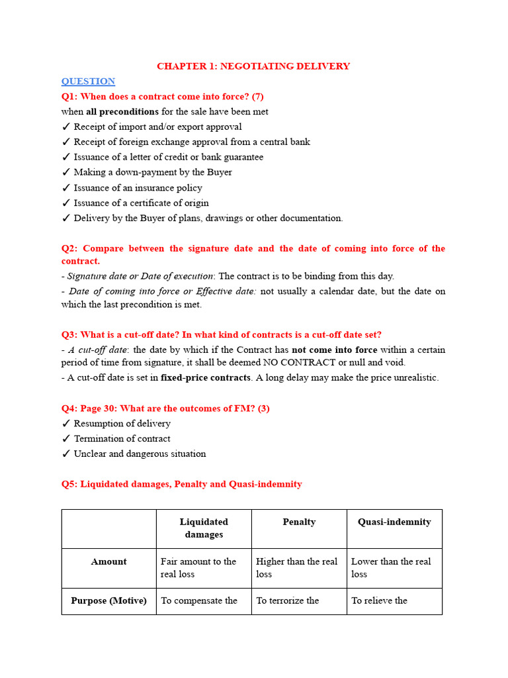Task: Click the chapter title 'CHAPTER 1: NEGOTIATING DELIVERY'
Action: pos(253,66)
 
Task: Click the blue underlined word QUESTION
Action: pos(88,81)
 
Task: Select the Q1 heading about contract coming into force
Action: pos(162,97)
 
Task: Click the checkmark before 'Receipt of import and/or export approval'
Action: pos(66,127)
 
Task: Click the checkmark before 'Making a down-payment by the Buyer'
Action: pos(66,173)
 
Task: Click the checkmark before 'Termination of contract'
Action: pos(66,439)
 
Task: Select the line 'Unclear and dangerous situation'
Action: pos(140,454)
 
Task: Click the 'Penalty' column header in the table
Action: pos(299,522)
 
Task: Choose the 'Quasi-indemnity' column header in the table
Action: pos(394,522)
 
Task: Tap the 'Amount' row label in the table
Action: pos(108,561)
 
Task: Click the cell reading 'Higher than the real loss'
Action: pos(297,567)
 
